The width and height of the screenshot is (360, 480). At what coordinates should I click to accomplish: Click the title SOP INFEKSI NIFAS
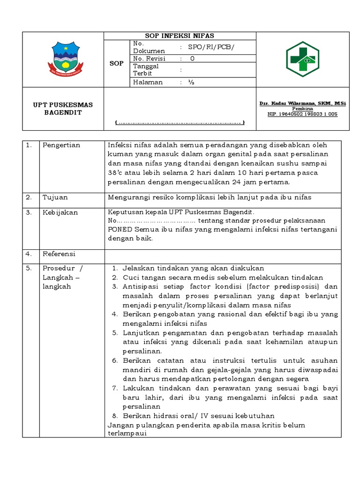click(x=180, y=36)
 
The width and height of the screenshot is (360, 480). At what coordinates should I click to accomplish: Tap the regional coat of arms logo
click(x=66, y=59)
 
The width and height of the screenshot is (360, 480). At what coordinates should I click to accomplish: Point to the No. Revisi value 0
click(x=192, y=59)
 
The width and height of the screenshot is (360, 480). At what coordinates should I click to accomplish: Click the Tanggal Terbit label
click(x=146, y=70)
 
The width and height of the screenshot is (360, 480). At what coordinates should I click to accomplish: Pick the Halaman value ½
click(x=191, y=82)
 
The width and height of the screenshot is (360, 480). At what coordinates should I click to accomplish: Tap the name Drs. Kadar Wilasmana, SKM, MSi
click(x=302, y=103)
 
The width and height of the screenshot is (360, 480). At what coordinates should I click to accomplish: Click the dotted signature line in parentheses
click(x=180, y=123)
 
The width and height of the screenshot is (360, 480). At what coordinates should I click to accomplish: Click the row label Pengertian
click(x=61, y=145)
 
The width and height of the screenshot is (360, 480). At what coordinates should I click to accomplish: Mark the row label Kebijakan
click(x=60, y=212)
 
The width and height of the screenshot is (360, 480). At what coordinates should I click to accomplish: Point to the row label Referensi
click(x=59, y=254)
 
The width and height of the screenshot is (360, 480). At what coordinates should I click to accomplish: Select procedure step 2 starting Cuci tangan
click(x=223, y=277)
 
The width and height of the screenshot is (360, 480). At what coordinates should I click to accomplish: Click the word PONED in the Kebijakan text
click(x=120, y=229)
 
